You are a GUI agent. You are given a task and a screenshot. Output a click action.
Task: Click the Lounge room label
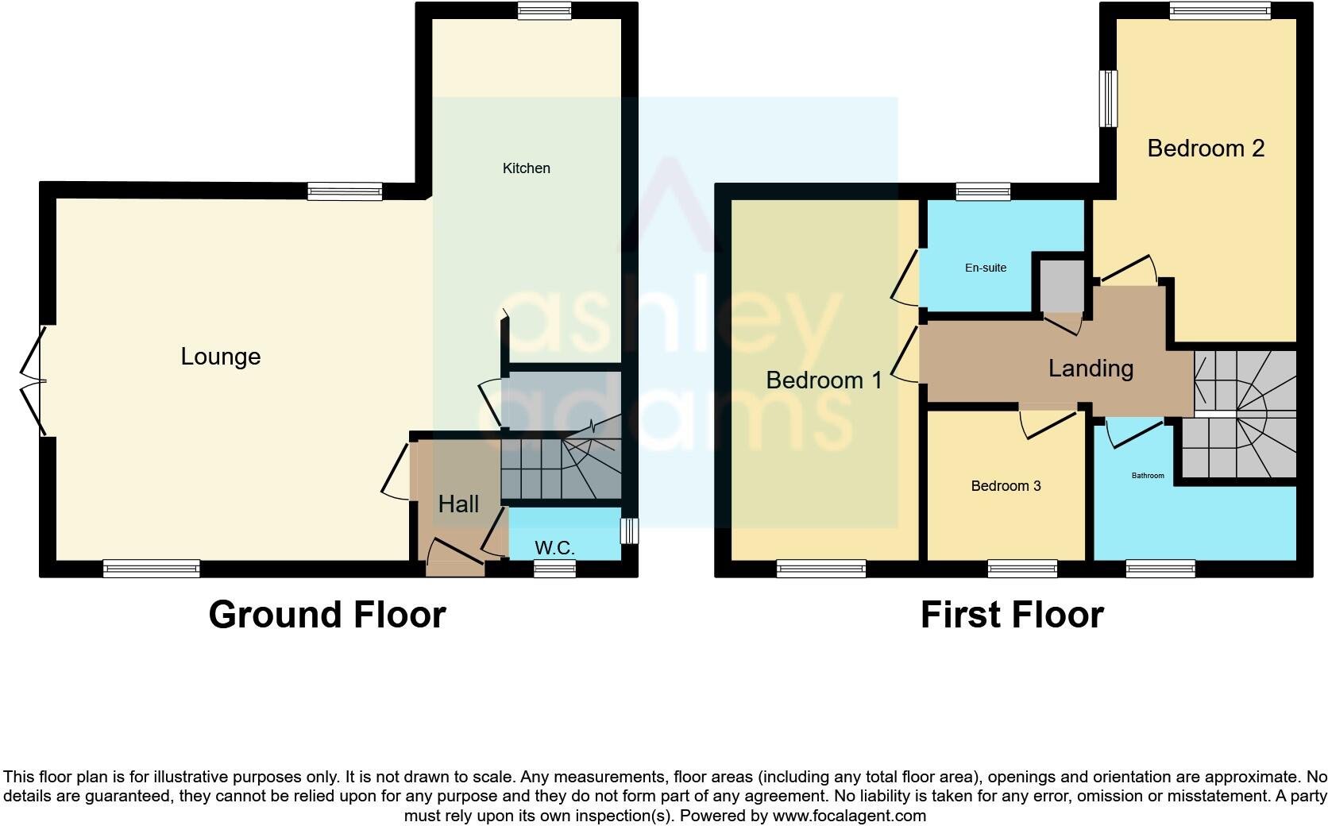click(221, 357)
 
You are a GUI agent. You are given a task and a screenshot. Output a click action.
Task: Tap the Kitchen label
click(526, 168)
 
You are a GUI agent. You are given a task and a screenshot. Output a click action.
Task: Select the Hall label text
click(458, 504)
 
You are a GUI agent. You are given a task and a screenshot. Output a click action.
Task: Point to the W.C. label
click(554, 548)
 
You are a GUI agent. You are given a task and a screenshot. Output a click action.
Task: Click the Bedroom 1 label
click(824, 380)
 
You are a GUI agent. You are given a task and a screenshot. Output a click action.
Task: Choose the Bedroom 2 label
click(1206, 149)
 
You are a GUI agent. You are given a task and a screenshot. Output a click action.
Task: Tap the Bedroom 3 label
click(1006, 486)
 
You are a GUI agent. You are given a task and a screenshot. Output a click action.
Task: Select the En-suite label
click(986, 268)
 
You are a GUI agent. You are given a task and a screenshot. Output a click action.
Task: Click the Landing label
click(1091, 369)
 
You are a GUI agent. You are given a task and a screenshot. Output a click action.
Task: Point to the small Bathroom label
click(1148, 476)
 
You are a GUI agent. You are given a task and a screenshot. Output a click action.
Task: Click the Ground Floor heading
click(327, 615)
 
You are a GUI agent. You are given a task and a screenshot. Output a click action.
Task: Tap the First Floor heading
click(1012, 615)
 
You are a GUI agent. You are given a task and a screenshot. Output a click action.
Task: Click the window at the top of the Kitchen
click(544, 11)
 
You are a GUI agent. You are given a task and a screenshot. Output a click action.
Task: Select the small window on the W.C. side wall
click(629, 531)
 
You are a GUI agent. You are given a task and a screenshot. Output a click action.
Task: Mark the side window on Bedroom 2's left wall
click(1108, 98)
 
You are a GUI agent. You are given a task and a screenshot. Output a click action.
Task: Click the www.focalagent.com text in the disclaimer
click(849, 816)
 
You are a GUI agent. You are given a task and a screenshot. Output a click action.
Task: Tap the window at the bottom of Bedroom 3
click(1022, 568)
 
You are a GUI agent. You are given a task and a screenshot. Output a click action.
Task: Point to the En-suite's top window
click(982, 191)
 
